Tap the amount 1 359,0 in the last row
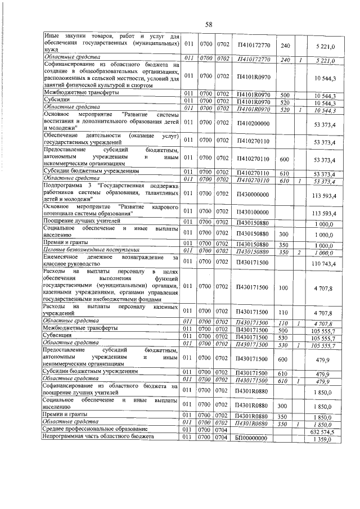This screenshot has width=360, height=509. tap(326, 439)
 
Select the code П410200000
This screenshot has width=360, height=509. tap(251, 122)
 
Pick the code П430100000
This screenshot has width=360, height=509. tap(251, 213)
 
